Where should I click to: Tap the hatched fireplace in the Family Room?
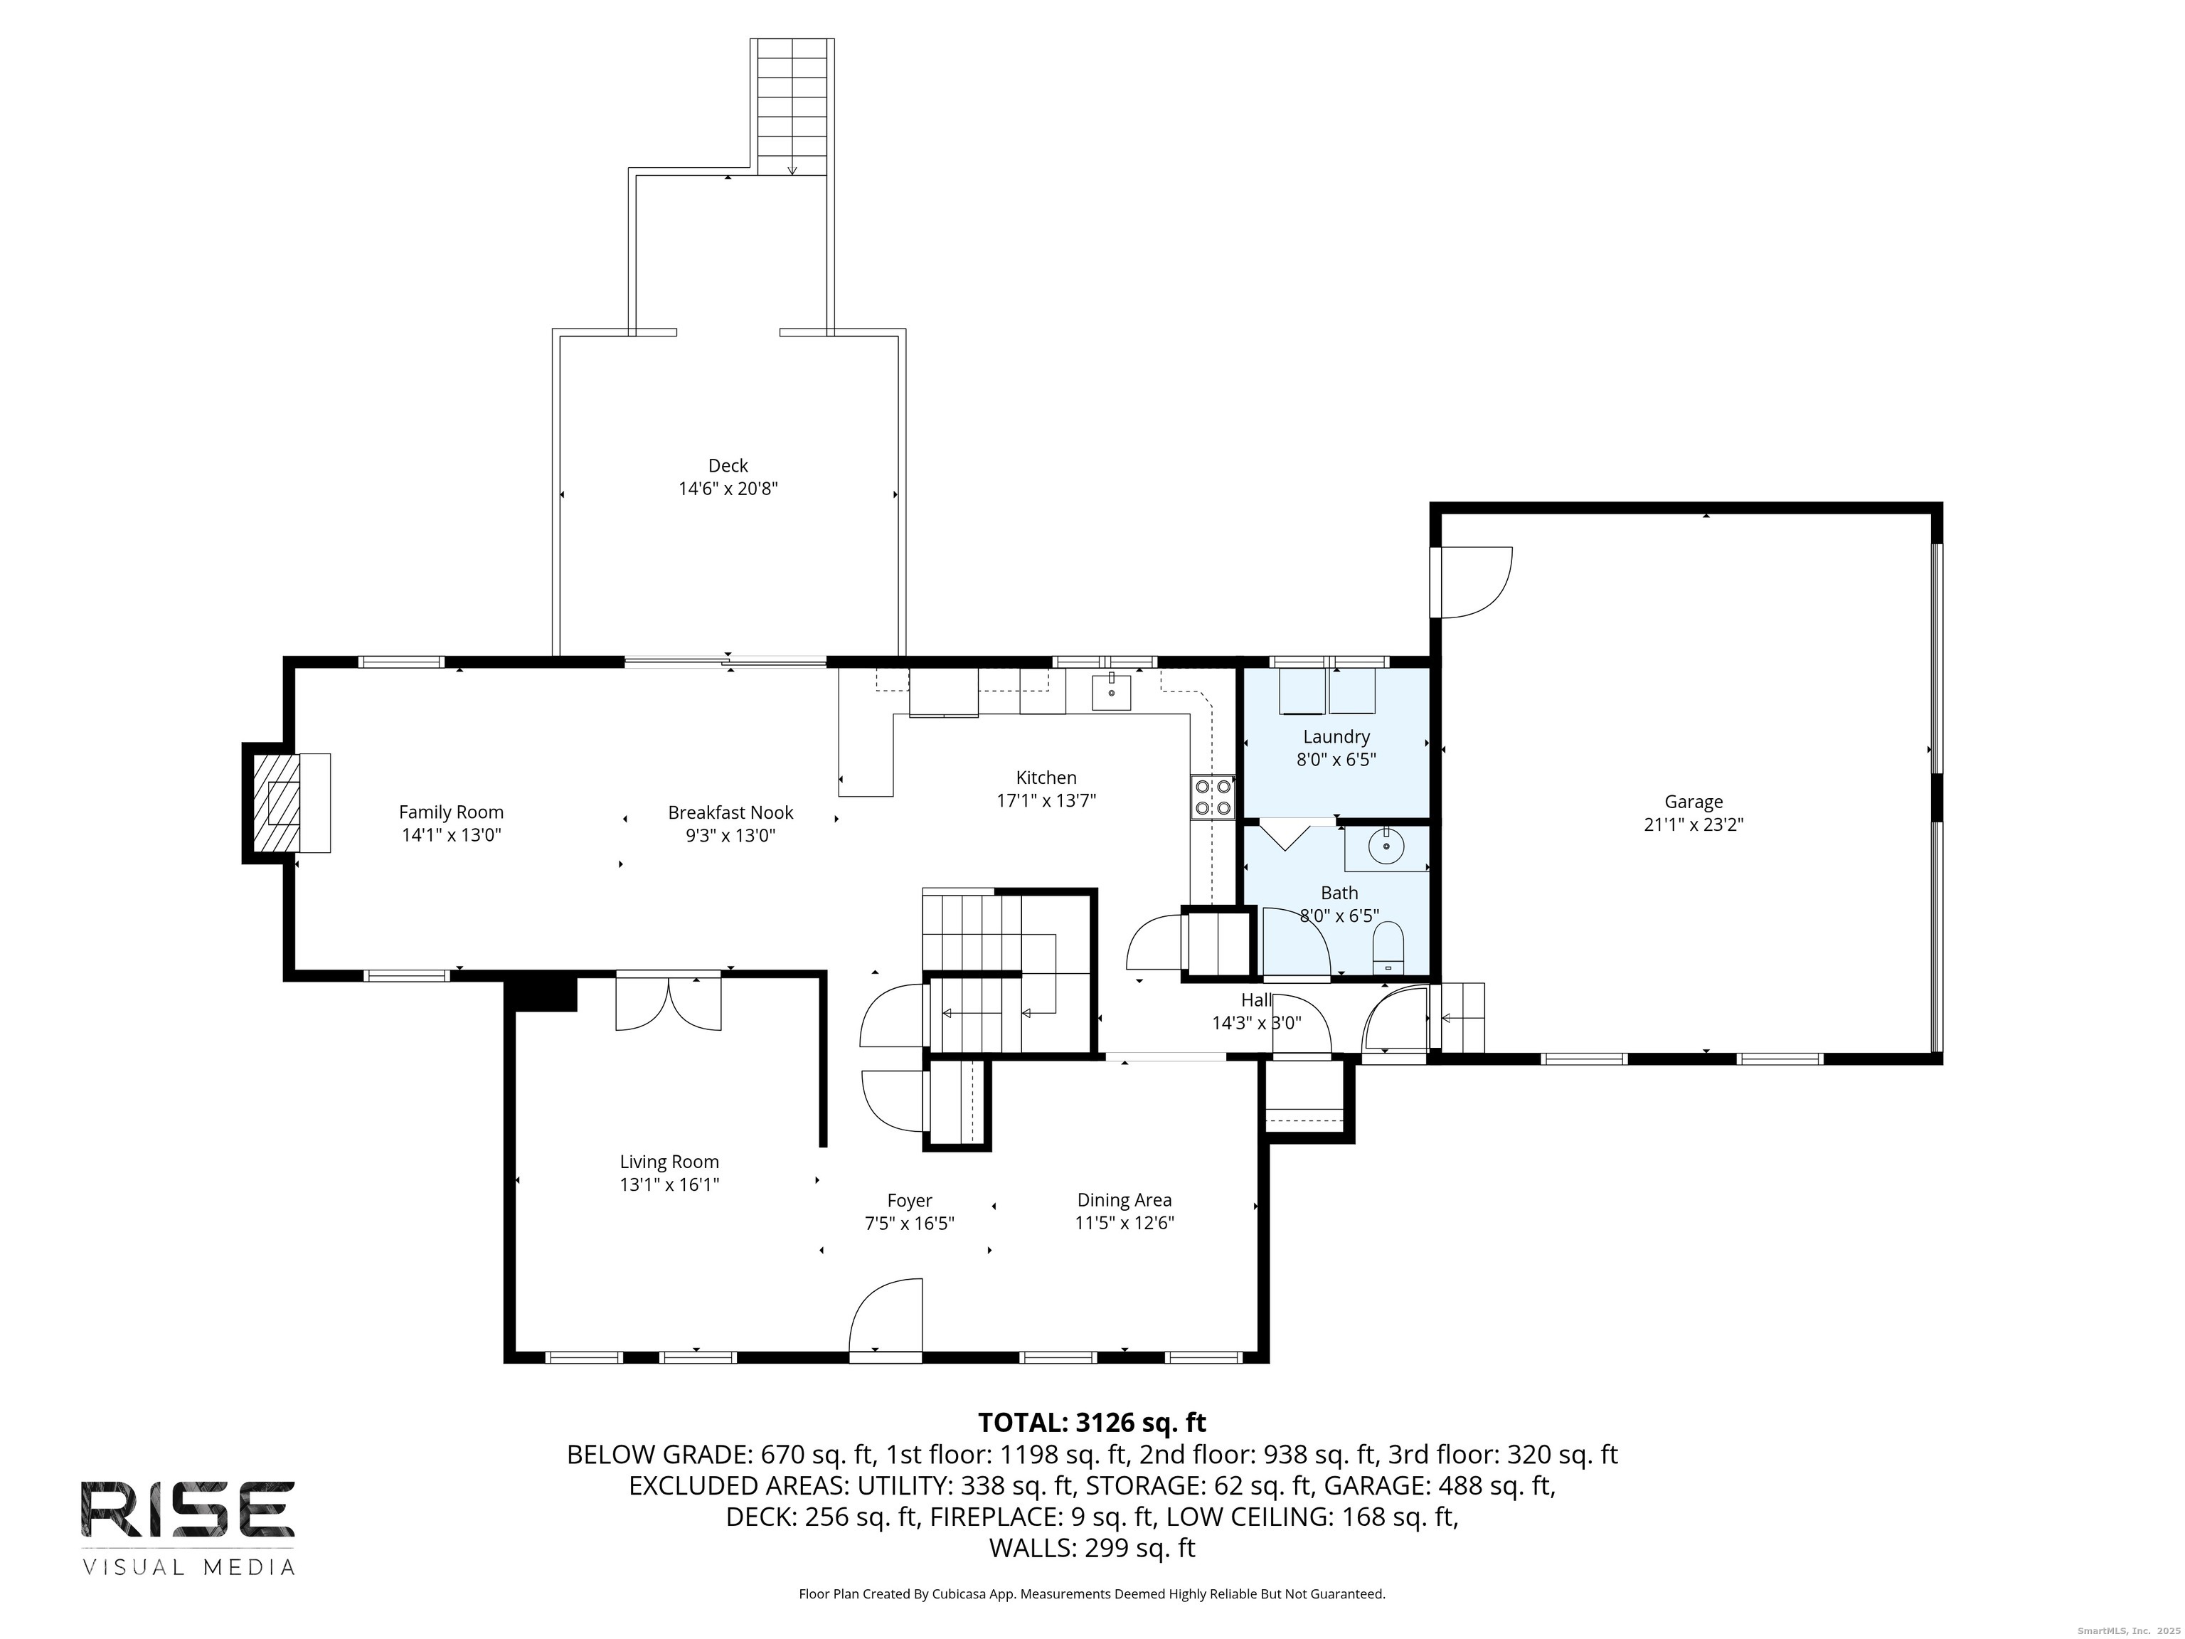(x=275, y=802)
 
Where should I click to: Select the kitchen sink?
(x=1111, y=691)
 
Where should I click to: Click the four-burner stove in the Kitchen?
(x=1213, y=797)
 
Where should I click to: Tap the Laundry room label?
(x=1336, y=737)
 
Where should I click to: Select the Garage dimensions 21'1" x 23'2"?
(x=1693, y=825)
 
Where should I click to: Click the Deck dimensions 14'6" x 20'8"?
(x=728, y=488)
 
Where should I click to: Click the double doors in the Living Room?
(x=669, y=1004)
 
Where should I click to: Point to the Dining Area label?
(x=1124, y=1200)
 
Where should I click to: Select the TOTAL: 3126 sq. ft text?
(x=1092, y=1423)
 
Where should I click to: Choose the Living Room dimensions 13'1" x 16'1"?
(x=669, y=1184)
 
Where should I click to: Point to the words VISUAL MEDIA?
(x=188, y=1568)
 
